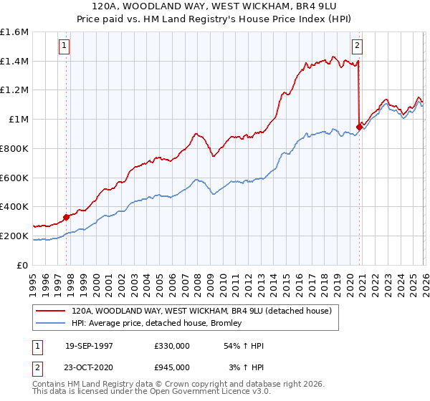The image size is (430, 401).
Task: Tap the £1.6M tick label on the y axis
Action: pos(14,32)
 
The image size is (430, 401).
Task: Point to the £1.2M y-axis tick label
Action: pos(14,90)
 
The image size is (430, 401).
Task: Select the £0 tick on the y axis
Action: pos(23,265)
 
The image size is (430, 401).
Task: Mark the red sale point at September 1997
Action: pos(67,216)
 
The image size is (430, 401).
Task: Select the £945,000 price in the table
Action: pos(171,367)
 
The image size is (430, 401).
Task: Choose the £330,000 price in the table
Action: pos(171,346)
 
